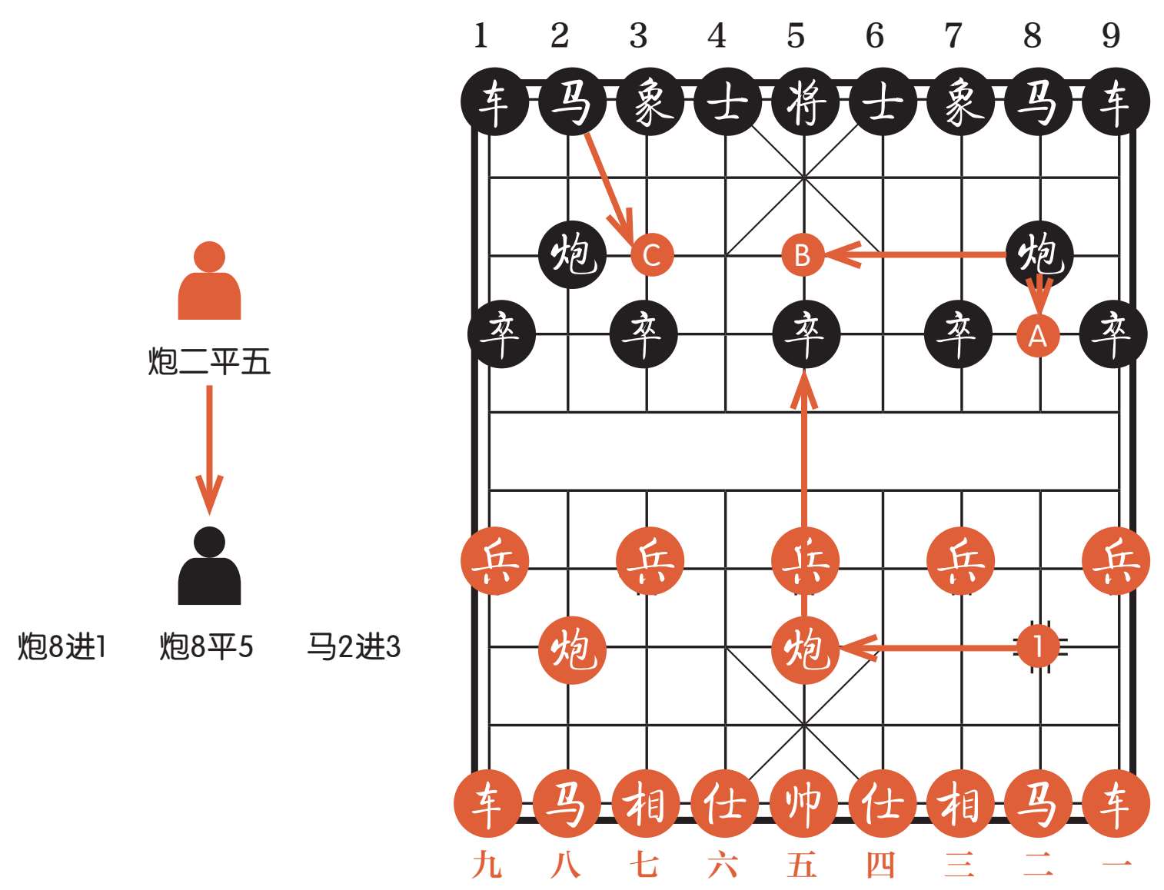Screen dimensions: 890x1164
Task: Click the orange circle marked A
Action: click(x=1038, y=336)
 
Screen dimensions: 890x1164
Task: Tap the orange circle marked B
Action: click(x=802, y=254)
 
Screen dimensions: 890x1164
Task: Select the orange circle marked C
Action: click(x=651, y=254)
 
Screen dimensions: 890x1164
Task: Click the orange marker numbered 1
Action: click(x=1038, y=646)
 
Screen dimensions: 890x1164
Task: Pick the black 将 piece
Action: click(x=804, y=102)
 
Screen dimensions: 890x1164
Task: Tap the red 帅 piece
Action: click(x=803, y=803)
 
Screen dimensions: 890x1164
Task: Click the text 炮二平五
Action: click(x=209, y=361)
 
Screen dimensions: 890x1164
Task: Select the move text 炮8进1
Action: click(x=62, y=647)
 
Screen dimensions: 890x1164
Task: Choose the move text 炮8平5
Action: click(x=206, y=647)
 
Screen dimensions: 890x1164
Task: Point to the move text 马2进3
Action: click(x=354, y=647)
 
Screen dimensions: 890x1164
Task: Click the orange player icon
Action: click(x=209, y=281)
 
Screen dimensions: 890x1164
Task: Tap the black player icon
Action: click(x=209, y=566)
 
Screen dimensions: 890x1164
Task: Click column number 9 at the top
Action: click(x=1110, y=35)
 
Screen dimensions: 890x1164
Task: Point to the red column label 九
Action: click(x=487, y=865)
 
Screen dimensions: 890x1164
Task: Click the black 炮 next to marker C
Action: click(x=573, y=254)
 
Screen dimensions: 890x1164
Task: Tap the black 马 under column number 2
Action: click(x=571, y=102)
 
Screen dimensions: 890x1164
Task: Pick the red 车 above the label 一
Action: click(x=1116, y=803)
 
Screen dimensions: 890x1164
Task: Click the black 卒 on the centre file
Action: click(x=805, y=334)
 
